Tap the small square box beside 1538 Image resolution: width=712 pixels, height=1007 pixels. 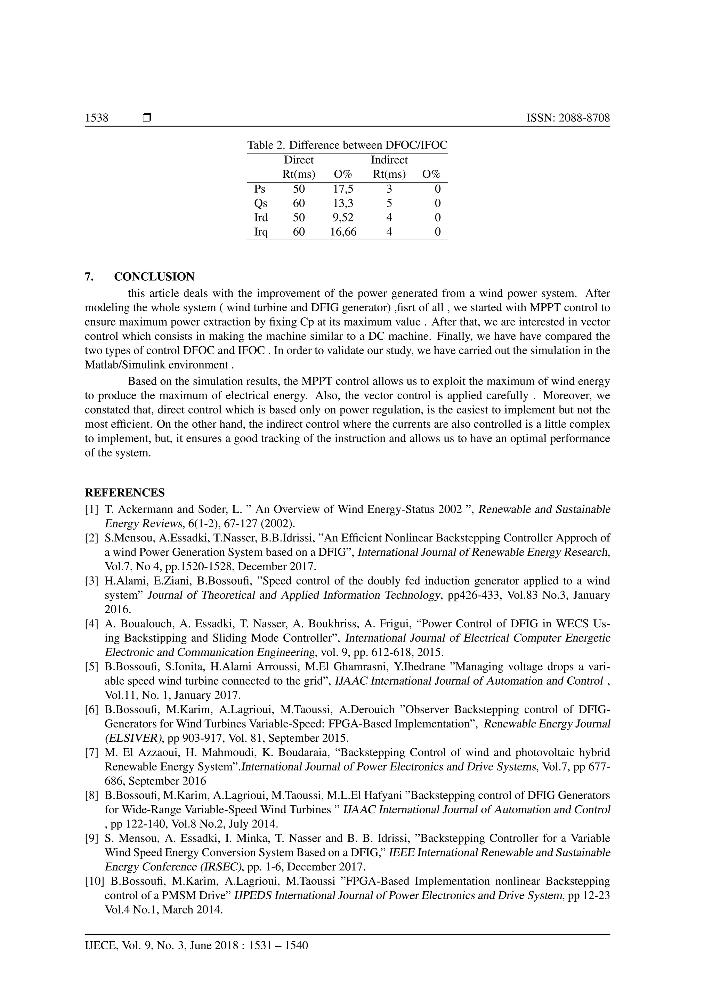(147, 118)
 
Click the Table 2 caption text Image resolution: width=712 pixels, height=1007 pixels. (347, 145)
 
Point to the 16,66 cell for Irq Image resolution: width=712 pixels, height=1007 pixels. (343, 232)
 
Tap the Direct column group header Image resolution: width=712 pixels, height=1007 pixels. (299, 160)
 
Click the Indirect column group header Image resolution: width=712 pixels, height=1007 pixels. (389, 160)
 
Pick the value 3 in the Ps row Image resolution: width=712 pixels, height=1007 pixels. (389, 189)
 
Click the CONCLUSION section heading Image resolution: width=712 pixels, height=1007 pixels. (154, 277)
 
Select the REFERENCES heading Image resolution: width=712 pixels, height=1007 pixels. (124, 492)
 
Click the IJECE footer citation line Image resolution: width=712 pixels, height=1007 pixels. (196, 945)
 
